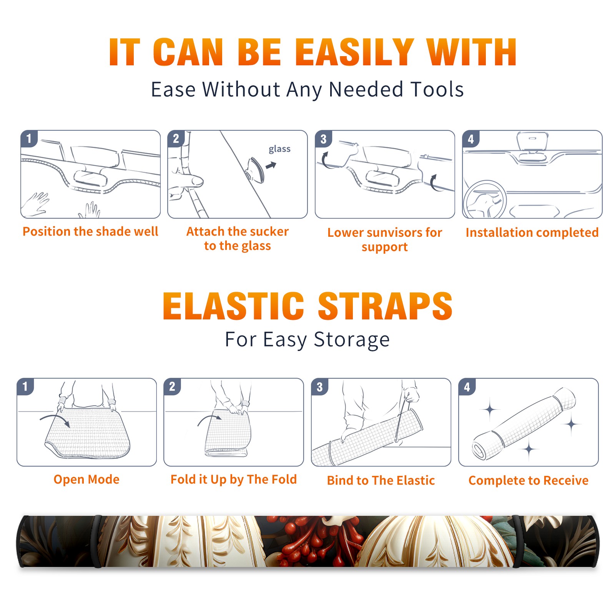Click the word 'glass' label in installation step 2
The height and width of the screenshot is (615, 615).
(279, 149)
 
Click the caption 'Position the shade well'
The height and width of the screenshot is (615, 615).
(90, 231)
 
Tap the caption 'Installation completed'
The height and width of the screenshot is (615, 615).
(532, 233)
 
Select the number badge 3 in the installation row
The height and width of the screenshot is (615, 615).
(323, 139)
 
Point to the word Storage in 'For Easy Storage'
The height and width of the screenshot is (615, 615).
(352, 340)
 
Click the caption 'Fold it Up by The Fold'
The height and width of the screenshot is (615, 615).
(234, 479)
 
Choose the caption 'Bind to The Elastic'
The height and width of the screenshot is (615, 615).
(381, 480)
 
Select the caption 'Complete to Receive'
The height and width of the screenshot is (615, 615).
(529, 480)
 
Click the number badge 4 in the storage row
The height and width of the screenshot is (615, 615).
(467, 387)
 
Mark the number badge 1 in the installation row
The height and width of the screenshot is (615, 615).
(29, 138)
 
